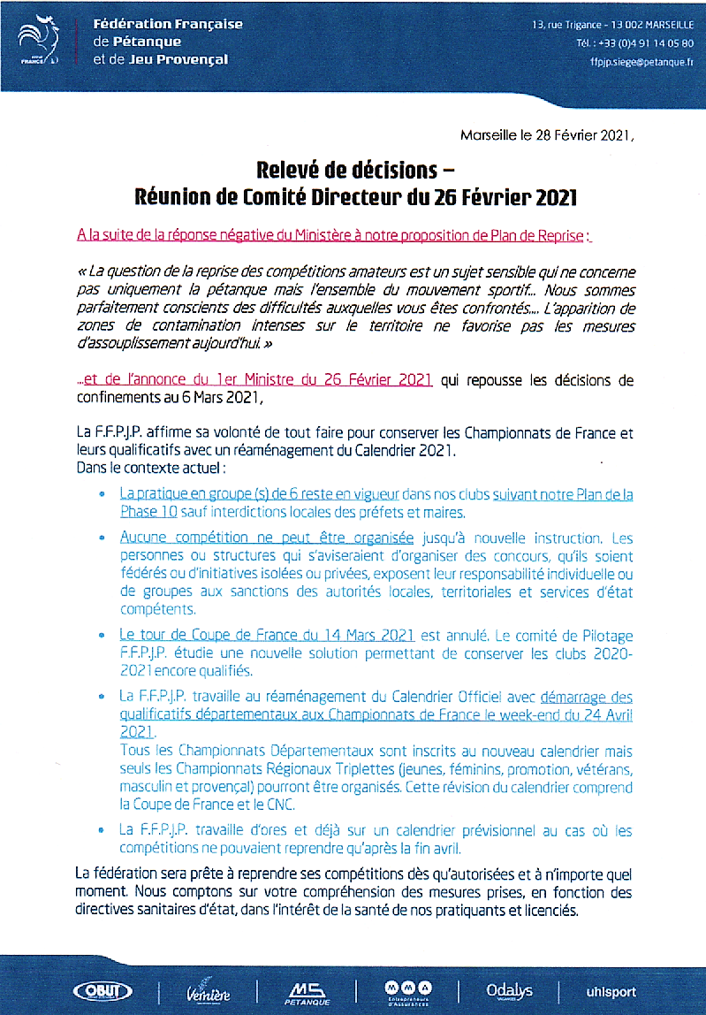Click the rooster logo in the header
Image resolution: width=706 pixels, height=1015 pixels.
click(38, 43)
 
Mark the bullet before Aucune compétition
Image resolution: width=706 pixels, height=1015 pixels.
click(102, 537)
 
